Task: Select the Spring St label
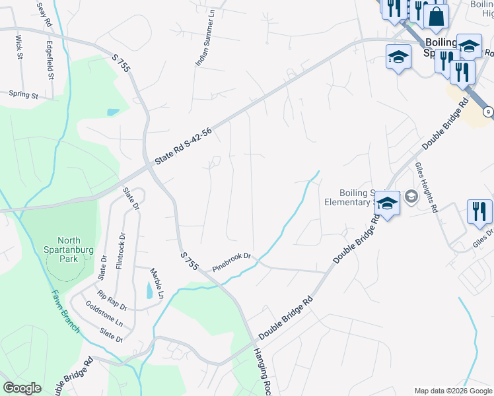coord(24,95)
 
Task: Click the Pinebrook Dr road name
coord(232,262)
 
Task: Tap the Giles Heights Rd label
coord(426,187)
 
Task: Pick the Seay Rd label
coord(44,13)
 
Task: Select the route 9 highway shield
coord(487,112)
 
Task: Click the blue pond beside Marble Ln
coord(149,289)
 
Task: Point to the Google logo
coord(22,387)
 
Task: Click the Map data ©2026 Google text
coord(452,391)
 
